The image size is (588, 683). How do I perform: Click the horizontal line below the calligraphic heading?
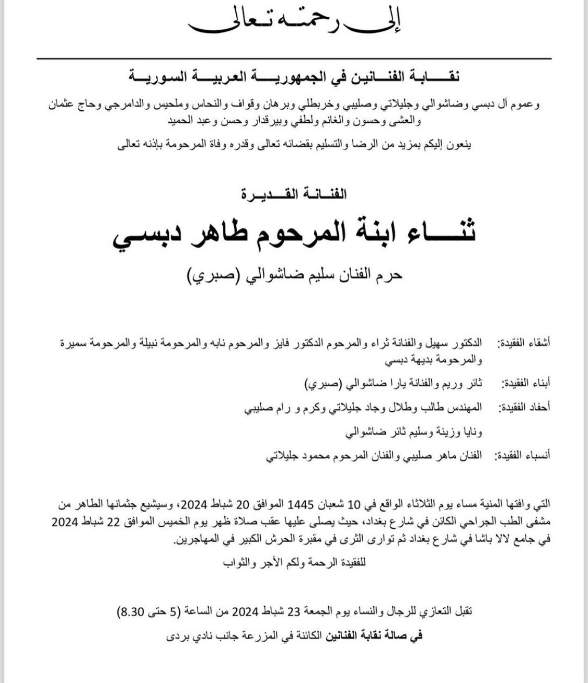293,59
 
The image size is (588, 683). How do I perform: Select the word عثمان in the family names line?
524,104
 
